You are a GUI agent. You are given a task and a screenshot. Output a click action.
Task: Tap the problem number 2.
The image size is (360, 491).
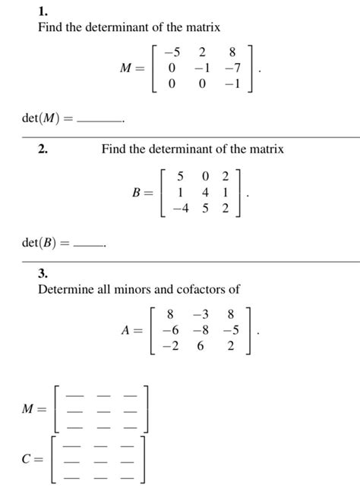44,150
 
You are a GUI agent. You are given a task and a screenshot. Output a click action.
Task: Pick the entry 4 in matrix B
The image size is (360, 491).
204,192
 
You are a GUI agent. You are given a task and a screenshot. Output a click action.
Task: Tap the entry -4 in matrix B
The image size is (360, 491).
181,207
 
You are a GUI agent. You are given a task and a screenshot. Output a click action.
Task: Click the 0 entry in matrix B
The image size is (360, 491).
204,177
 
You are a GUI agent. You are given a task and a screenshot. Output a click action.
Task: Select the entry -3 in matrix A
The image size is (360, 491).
201,314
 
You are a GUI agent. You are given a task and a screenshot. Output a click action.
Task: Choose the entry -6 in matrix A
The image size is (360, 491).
172,330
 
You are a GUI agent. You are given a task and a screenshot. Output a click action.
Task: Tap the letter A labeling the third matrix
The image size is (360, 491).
125,331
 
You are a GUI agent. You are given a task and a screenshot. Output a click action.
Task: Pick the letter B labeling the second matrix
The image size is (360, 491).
137,193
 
